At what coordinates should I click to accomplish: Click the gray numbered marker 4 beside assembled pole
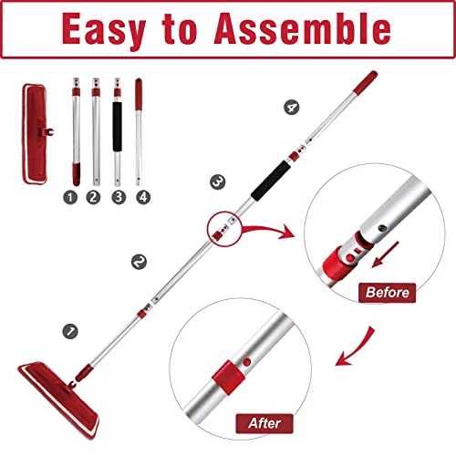coord(292,109)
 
